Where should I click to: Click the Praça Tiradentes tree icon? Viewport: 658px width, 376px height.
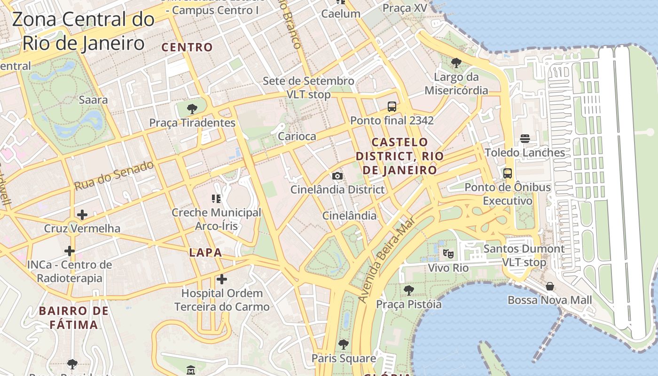pos(192,110)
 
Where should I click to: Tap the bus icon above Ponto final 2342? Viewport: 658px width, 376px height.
pos(392,107)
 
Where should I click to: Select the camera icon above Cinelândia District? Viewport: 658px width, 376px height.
pos(337,176)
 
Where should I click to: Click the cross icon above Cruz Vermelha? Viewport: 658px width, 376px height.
pos(82,215)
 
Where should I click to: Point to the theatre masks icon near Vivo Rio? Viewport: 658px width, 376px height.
pos(448,254)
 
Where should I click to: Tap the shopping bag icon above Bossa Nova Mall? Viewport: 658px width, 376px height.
pos(549,286)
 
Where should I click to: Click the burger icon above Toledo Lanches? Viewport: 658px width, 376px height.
pos(525,139)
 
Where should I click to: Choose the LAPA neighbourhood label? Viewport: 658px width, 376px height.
pos(205,252)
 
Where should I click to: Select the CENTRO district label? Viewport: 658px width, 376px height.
pos(187,47)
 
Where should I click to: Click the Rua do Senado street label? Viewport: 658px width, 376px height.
pos(114,176)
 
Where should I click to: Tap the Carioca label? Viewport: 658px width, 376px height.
pos(297,136)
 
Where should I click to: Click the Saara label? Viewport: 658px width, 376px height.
pos(93,100)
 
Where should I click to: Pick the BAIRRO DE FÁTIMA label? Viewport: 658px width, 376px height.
pos(74,318)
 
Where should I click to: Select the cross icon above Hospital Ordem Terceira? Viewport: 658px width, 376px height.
pos(222,280)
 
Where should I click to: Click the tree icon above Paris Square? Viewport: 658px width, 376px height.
pos(344,345)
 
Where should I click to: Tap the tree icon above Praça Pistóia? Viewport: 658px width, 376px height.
pos(409,290)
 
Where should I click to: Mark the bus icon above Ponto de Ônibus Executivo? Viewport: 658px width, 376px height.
pos(508,173)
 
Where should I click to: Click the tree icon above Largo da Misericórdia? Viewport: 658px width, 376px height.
pos(456,63)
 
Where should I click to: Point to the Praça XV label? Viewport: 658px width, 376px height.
pos(404,8)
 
